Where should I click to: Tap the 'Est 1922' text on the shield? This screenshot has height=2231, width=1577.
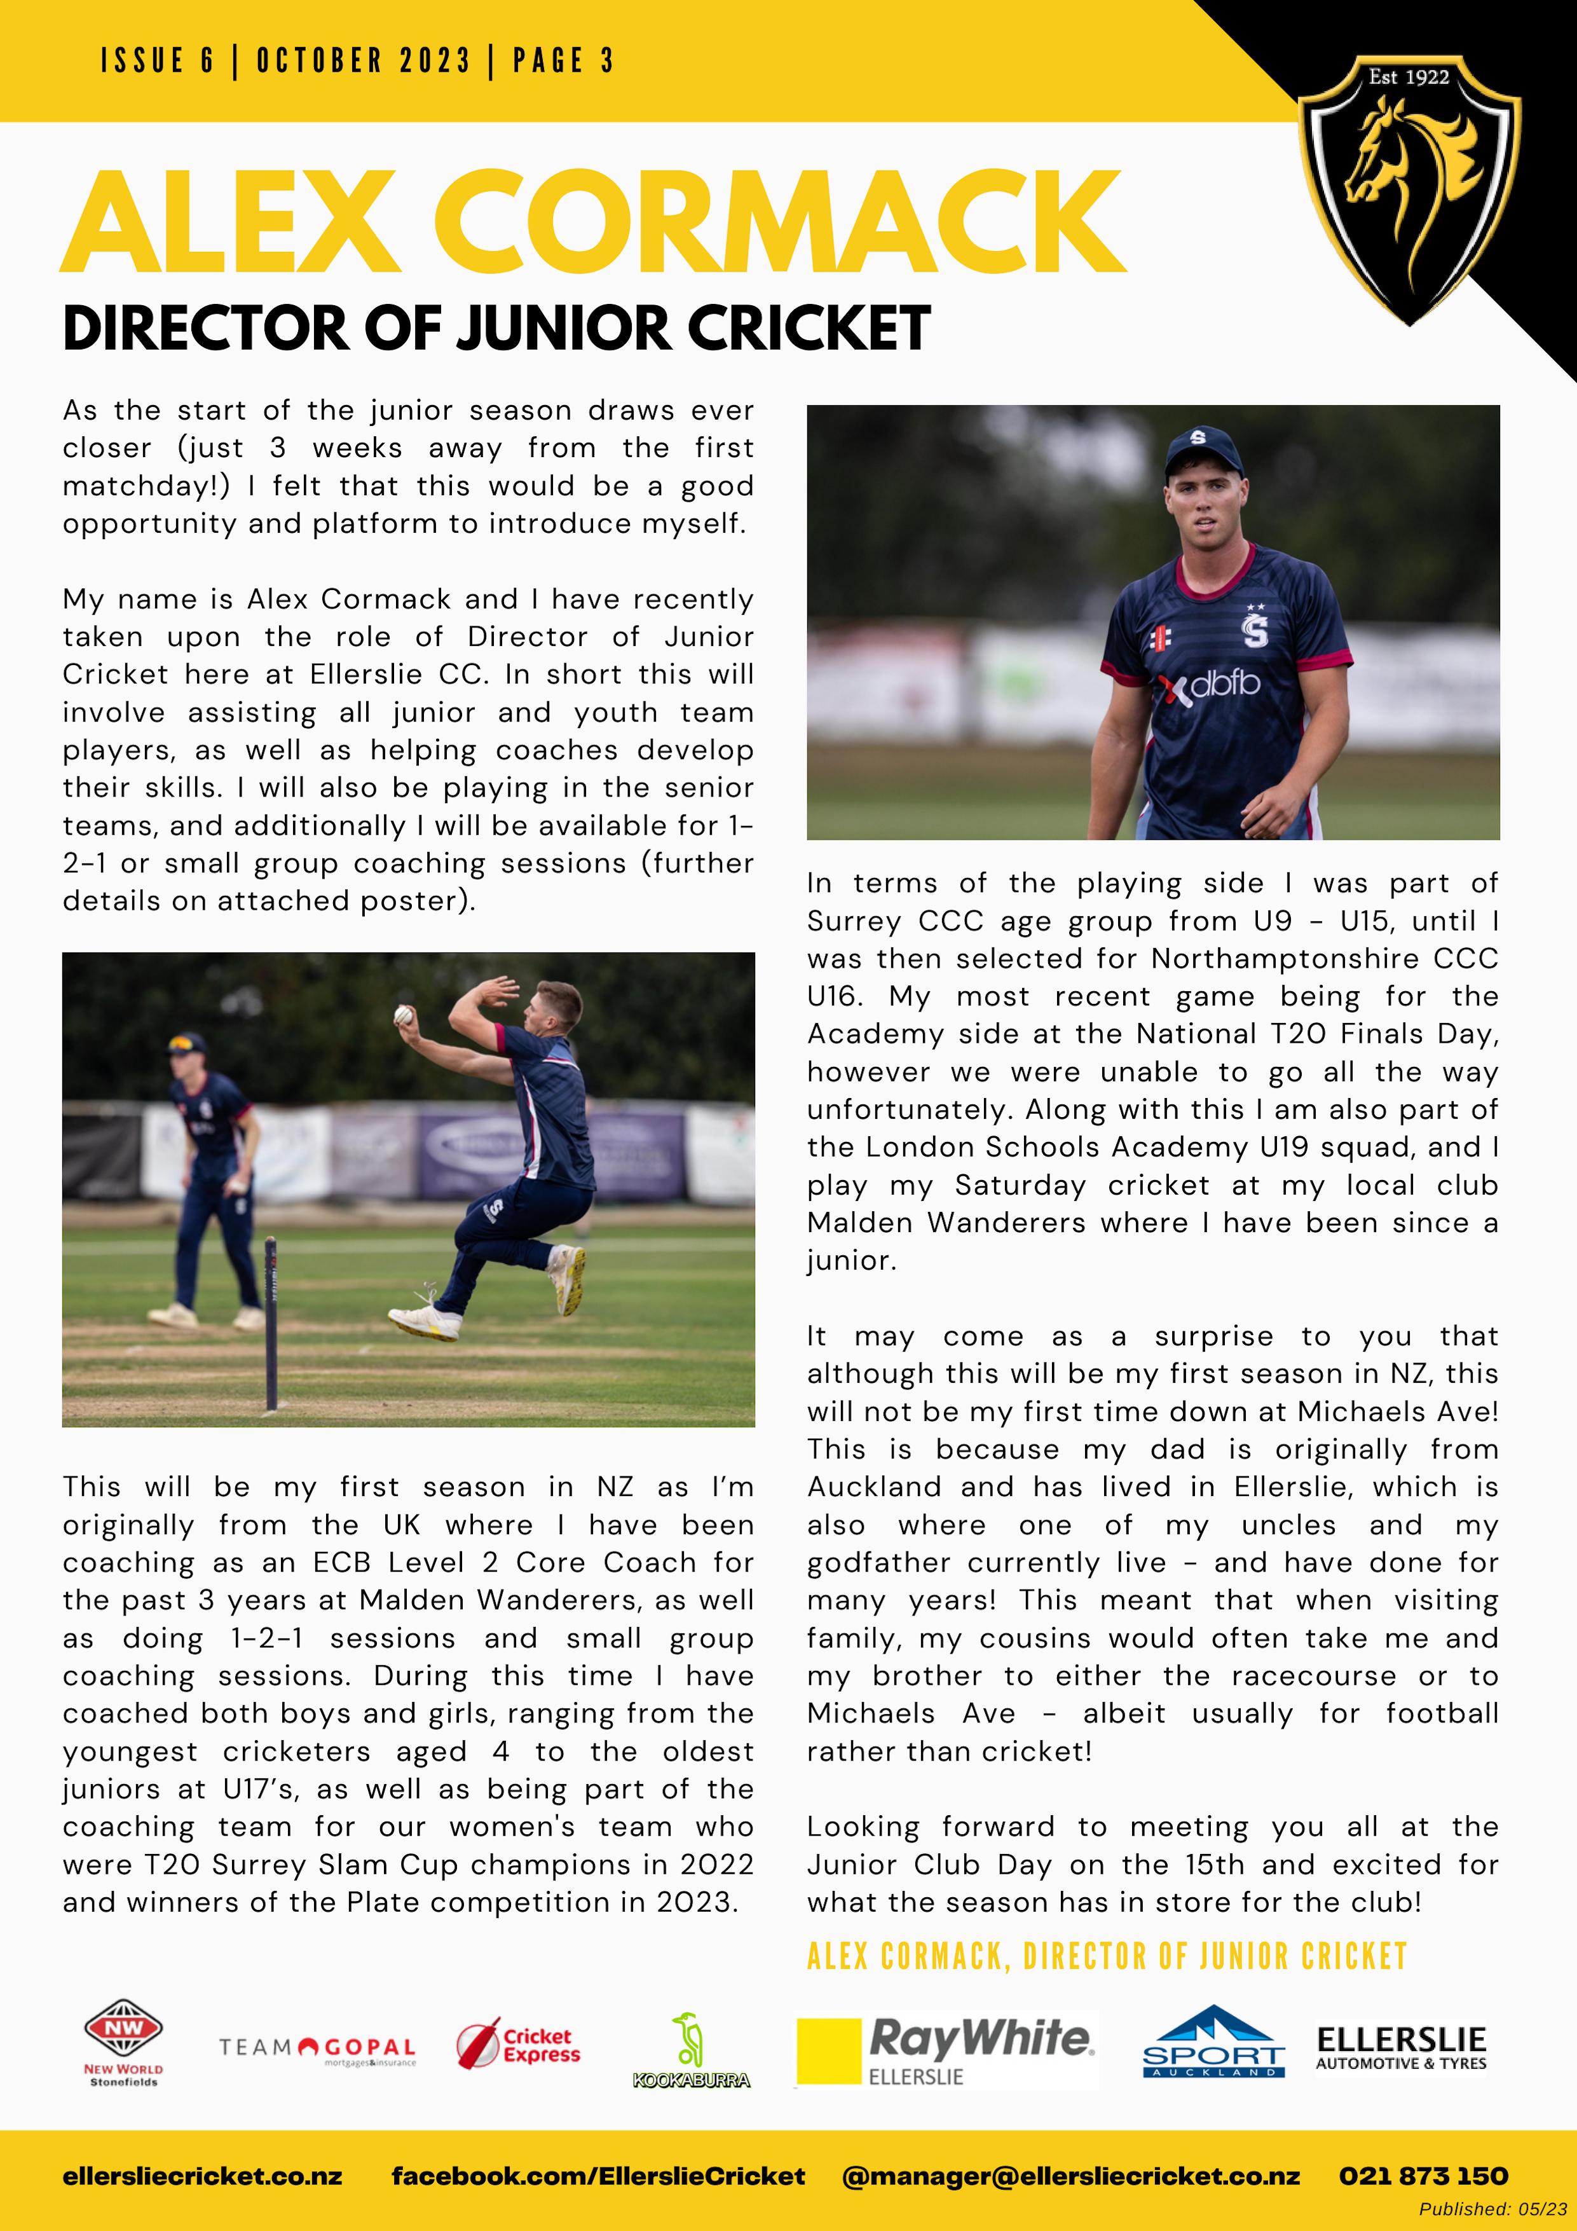coord(1409,78)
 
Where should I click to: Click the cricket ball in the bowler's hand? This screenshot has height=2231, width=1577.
coord(403,1015)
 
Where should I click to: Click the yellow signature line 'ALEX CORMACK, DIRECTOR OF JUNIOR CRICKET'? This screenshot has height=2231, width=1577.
coord(1107,1956)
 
